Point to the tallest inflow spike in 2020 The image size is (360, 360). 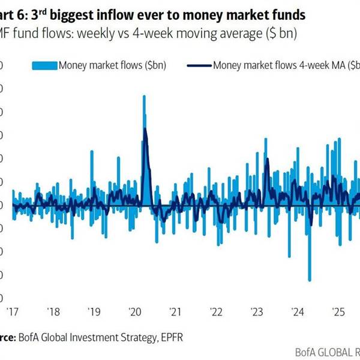pyautogui.click(x=144, y=97)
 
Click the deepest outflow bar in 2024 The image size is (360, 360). pyautogui.click(x=310, y=279)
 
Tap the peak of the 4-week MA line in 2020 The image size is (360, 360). pyautogui.click(x=145, y=129)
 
